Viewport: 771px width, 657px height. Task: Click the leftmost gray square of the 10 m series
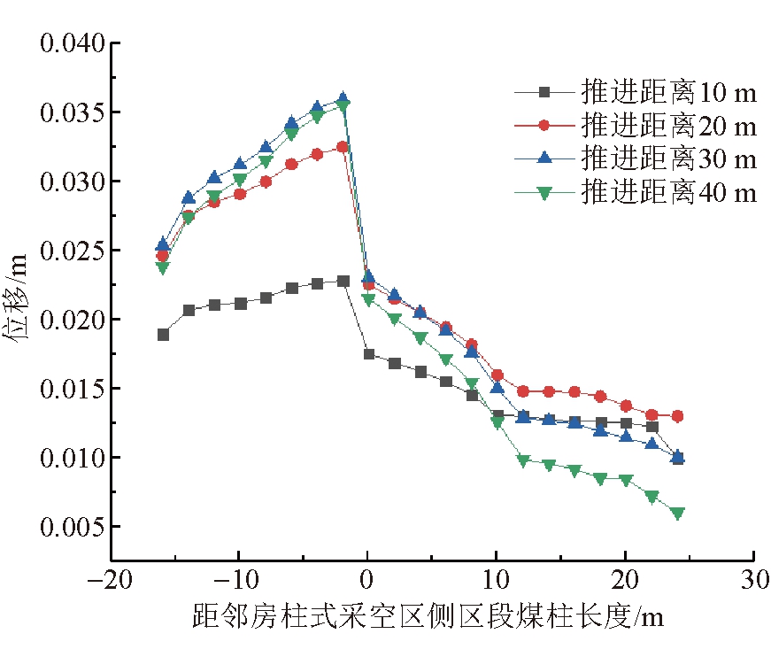163,335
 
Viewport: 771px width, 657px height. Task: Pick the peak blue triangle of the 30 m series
343,98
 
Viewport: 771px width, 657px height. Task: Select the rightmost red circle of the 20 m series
677,416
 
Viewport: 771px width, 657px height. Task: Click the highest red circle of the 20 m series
343,147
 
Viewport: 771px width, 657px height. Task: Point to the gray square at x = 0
369,354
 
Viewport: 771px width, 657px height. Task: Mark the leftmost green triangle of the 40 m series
163,267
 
